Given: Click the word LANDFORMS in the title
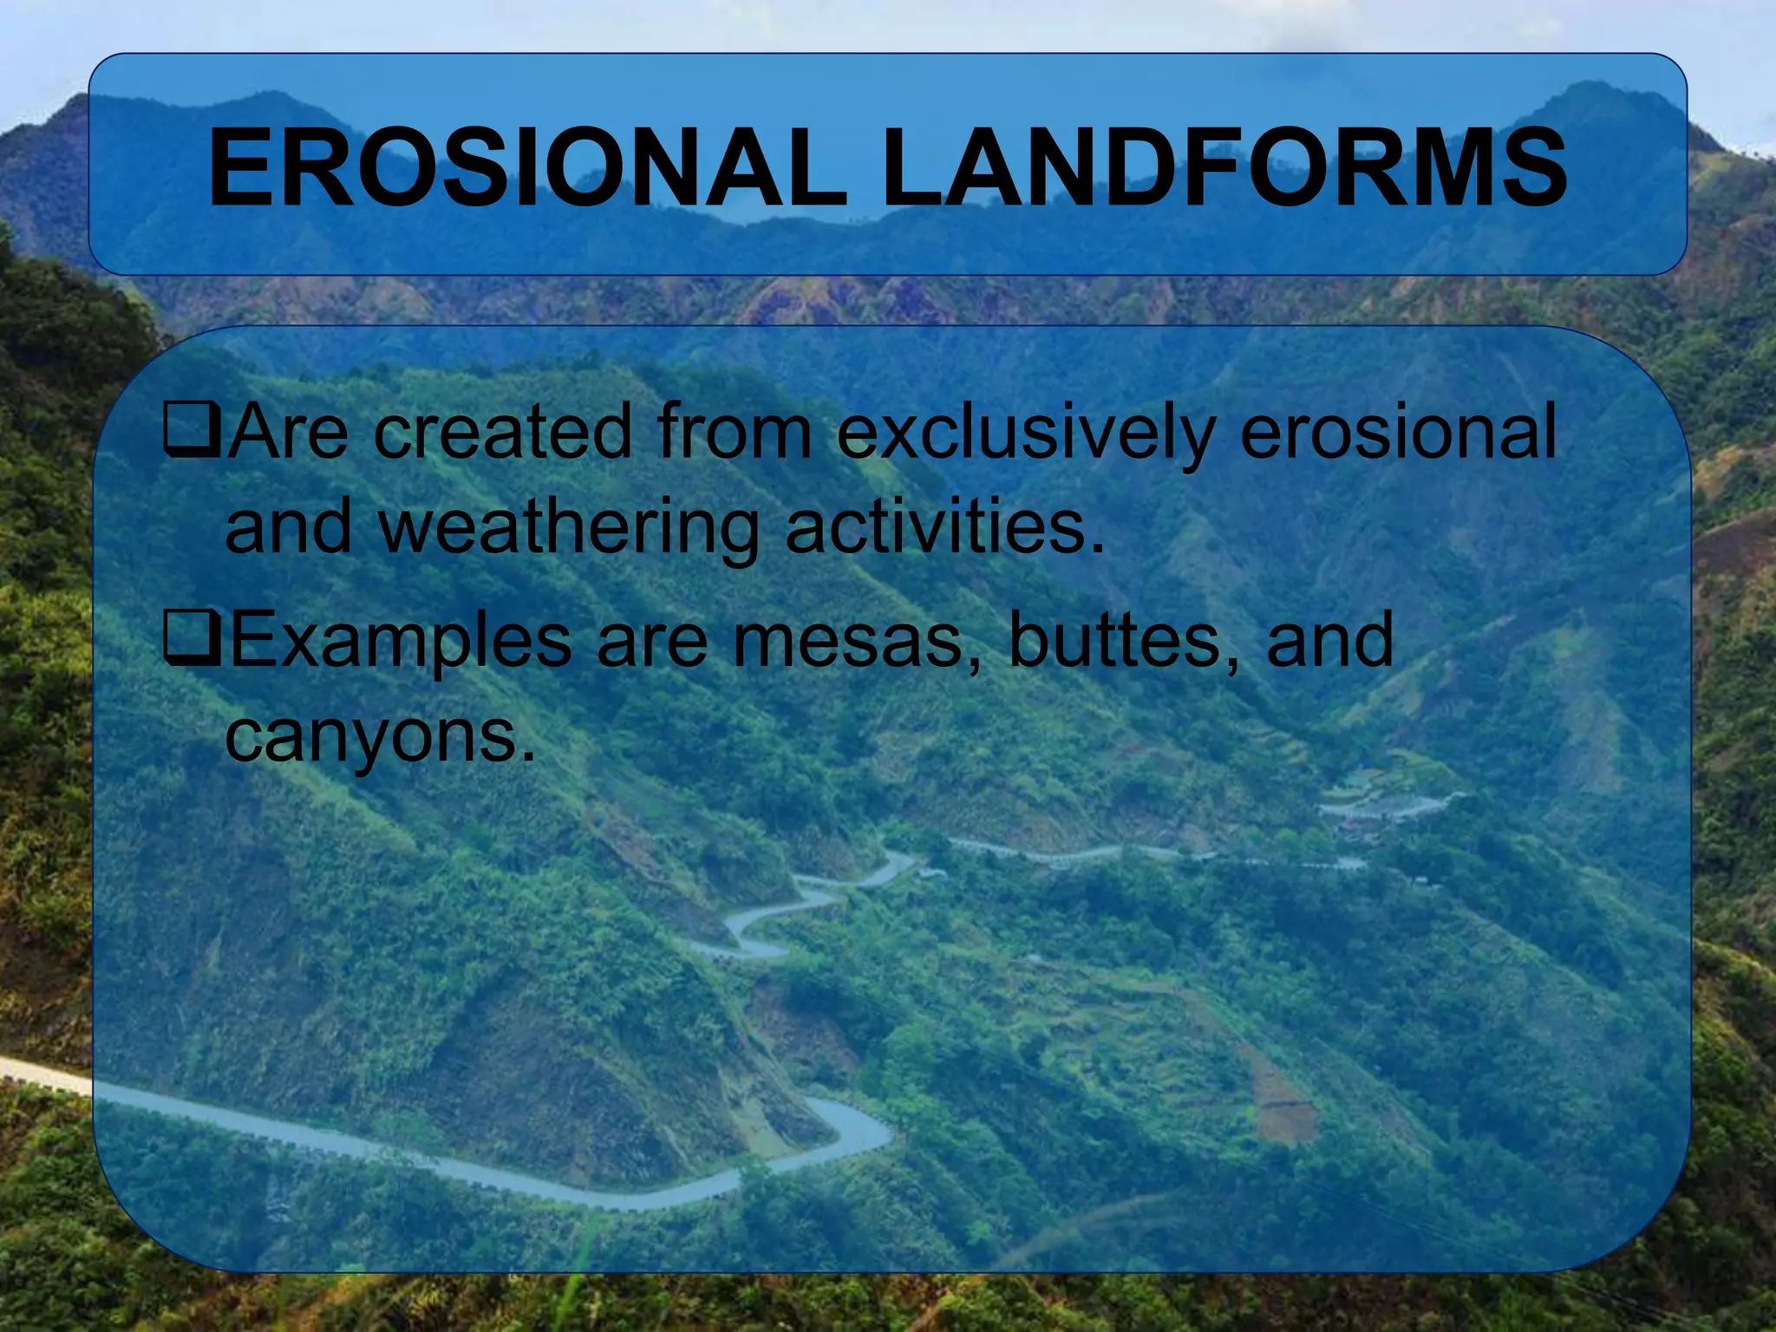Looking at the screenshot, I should coord(1224,168).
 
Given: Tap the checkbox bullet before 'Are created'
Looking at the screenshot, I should coord(191,431).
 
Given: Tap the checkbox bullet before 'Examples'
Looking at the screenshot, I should coord(191,639).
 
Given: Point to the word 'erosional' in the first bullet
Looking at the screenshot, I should coord(1398,431).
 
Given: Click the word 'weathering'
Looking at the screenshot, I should coord(568,528).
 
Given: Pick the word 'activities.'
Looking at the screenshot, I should coord(945,526).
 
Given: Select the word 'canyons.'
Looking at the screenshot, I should coord(380,738).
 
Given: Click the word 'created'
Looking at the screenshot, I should coord(503,431).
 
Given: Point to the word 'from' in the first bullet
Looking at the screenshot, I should coord(734,431).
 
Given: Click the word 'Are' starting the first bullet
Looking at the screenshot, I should coord(290,431).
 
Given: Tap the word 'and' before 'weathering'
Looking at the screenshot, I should coord(288,526).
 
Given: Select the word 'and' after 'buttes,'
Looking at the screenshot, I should coord(1330,640).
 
